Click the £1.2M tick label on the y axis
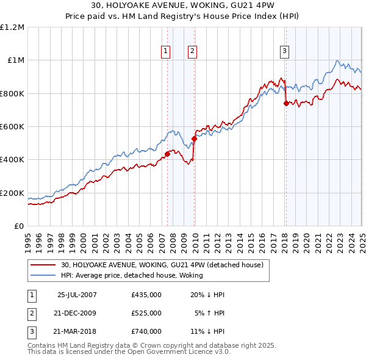[12, 27]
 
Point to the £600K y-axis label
[12, 127]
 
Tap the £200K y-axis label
[12, 193]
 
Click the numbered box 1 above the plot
[166, 52]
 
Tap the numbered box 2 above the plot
[192, 52]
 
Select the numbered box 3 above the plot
[284, 52]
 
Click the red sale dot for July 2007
[167, 154]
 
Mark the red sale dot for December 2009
[194, 139]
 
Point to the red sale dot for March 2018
[286, 104]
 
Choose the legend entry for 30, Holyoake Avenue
[161, 265]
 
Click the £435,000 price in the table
[146, 295]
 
